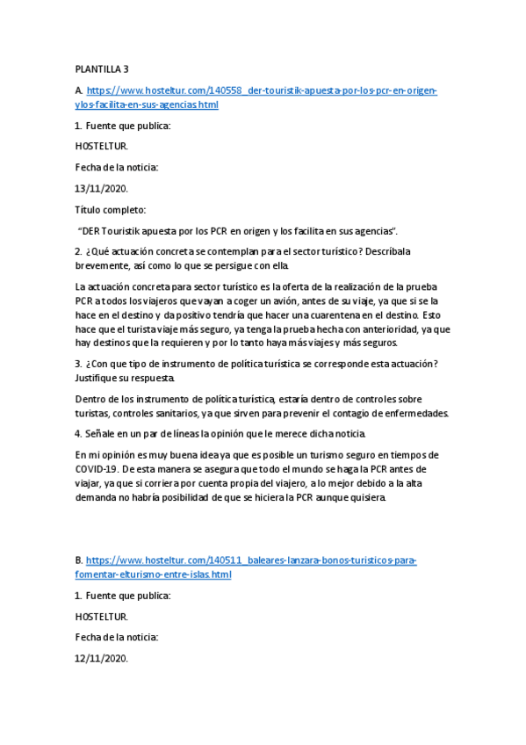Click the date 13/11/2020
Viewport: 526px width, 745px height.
pyautogui.click(x=101, y=188)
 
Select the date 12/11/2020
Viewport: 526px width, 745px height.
pyautogui.click(x=101, y=658)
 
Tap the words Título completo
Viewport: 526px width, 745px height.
pyautogui.click(x=111, y=210)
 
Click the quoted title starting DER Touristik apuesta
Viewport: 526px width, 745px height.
pyautogui.click(x=237, y=231)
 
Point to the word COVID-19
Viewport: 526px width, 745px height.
pyautogui.click(x=97, y=469)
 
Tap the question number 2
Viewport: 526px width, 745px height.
pyautogui.click(x=78, y=252)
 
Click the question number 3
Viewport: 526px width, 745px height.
pyautogui.click(x=78, y=364)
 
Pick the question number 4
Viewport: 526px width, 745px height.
pyautogui.click(x=78, y=434)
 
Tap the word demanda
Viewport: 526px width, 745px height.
pyautogui.click(x=98, y=497)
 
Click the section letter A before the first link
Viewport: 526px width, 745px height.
pyautogui.click(x=79, y=90)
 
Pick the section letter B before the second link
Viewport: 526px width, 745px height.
pyautogui.click(x=79, y=561)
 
